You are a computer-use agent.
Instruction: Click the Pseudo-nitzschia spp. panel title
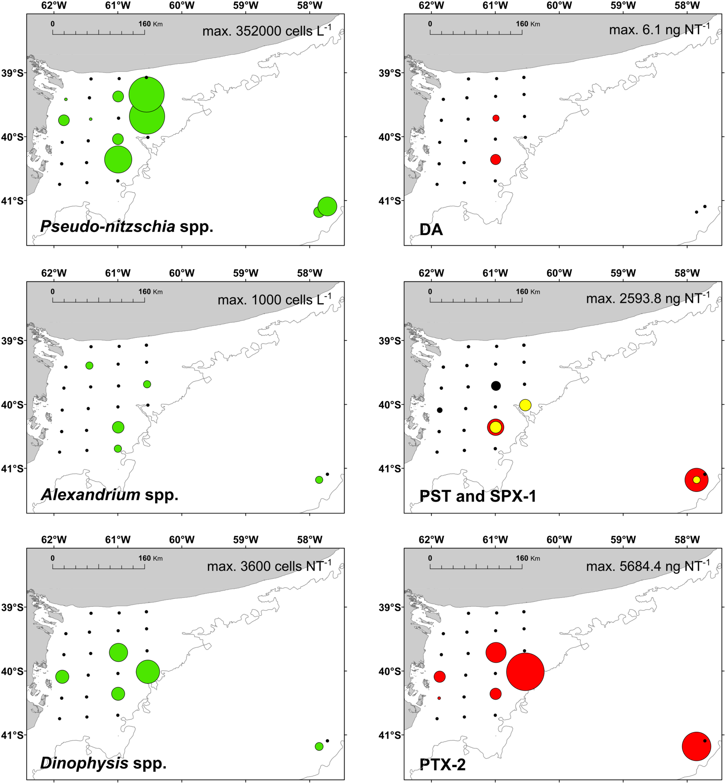pos(126,226)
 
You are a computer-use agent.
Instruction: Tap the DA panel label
pos(431,229)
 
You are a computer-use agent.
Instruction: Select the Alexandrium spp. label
pos(109,494)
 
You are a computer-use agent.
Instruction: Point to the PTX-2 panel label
pos(442,764)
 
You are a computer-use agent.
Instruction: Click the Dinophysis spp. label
pos(103,762)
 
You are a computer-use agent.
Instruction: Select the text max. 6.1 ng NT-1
pos(659,29)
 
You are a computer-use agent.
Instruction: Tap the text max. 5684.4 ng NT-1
pos(648,566)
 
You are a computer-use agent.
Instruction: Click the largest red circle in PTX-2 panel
pos(525,671)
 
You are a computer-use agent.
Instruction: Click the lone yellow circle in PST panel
pos(525,405)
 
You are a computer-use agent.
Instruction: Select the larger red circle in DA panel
pos(495,159)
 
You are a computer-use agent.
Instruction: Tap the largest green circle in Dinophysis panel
pos(148,671)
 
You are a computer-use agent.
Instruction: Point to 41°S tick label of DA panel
pos(390,201)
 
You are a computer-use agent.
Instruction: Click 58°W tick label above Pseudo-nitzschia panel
pos(310,6)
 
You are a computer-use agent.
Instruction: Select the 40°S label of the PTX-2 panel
pos(390,671)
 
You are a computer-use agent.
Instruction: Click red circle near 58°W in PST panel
pos(696,479)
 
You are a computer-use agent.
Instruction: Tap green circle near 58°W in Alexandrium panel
pos(319,479)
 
